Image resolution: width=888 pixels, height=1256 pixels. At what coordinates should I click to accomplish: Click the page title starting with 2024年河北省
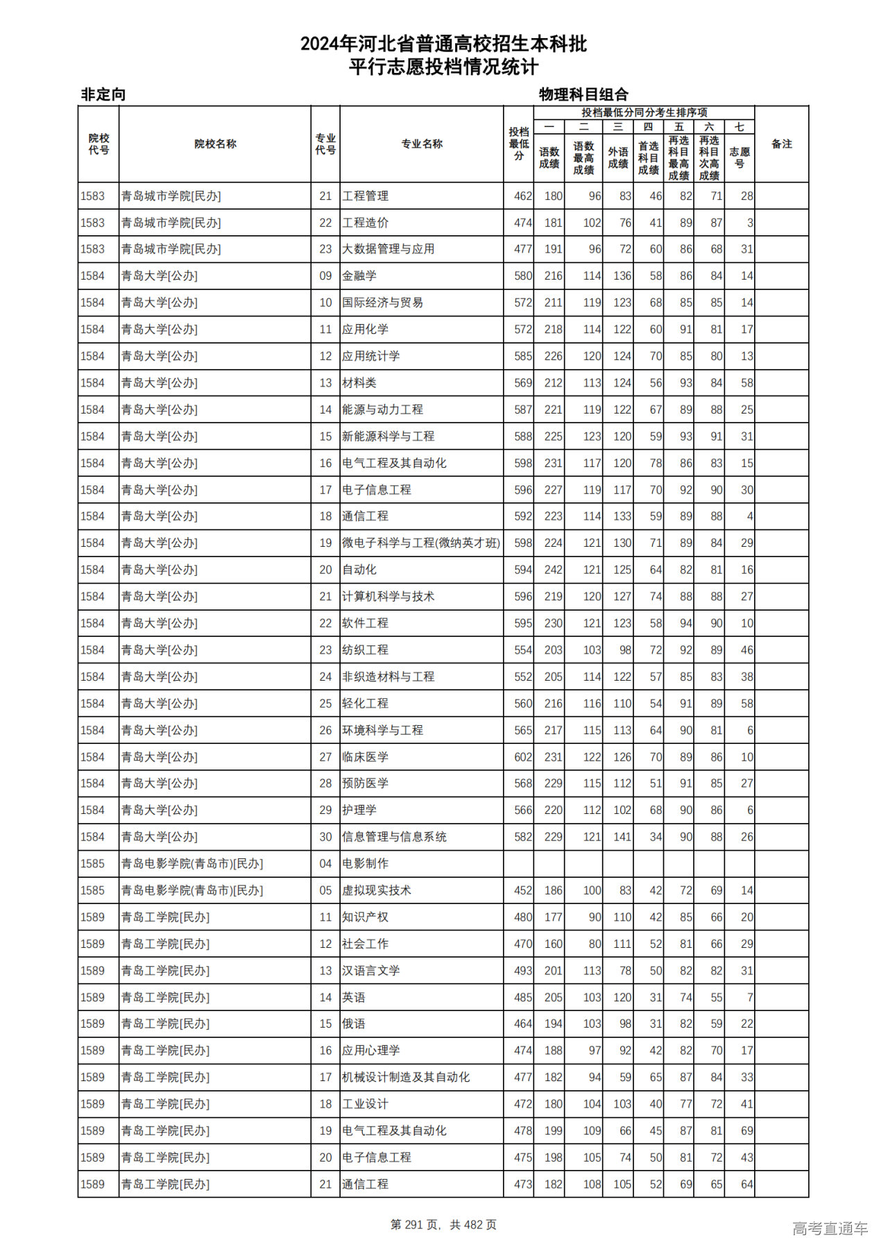(x=443, y=44)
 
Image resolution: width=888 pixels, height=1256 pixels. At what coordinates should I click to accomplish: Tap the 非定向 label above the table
(x=103, y=94)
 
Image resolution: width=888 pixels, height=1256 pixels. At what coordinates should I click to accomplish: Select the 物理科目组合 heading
(x=583, y=94)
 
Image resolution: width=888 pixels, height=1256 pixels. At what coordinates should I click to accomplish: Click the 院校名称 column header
(x=215, y=144)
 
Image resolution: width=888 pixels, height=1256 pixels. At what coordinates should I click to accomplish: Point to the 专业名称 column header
(x=422, y=144)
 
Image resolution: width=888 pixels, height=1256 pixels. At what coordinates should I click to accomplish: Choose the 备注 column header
(x=781, y=144)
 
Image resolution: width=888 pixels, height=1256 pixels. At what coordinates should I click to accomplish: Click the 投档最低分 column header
(x=519, y=144)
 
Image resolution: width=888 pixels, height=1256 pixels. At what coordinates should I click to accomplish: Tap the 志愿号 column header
(x=740, y=158)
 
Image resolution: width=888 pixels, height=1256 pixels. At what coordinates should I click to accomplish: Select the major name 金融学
(x=359, y=276)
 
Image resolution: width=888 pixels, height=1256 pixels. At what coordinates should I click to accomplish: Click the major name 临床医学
(x=365, y=757)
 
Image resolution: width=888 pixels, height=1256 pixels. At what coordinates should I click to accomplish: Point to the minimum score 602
(x=523, y=757)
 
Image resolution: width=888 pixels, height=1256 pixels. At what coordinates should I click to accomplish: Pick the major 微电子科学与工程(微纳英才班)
(x=420, y=543)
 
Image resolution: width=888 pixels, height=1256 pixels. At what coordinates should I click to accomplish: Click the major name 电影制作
(x=365, y=864)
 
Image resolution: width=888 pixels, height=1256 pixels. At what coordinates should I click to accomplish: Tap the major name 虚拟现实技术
(x=377, y=890)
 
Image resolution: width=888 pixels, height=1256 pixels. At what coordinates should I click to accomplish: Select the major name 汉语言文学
(x=371, y=971)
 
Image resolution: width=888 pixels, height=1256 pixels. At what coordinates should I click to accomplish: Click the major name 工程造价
(x=365, y=223)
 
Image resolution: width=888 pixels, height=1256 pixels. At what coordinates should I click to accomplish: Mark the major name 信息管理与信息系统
(x=394, y=837)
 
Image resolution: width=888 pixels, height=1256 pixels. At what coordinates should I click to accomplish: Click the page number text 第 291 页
(x=416, y=1225)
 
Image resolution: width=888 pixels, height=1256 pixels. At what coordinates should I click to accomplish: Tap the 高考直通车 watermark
(x=830, y=1228)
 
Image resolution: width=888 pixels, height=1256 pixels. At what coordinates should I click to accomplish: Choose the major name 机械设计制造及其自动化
(x=406, y=1078)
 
